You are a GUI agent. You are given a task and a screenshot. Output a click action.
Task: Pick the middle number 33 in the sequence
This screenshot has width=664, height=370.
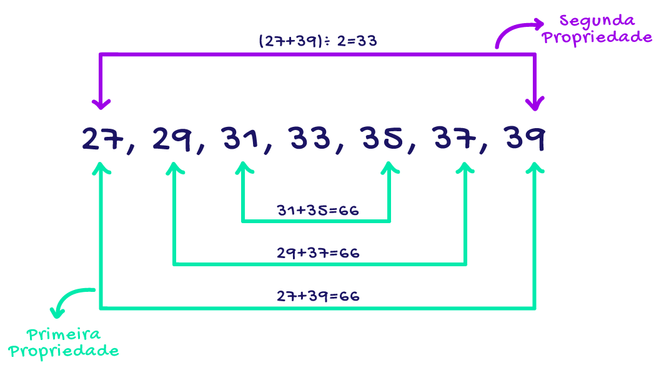pyautogui.click(x=310, y=139)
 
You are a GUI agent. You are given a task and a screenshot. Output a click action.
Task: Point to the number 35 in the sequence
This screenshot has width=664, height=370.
pyautogui.click(x=382, y=139)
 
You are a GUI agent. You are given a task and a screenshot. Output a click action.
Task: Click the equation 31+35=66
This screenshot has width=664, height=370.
pyautogui.click(x=318, y=211)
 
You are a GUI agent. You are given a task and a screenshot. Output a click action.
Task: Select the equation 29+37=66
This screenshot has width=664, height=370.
pyautogui.click(x=318, y=253)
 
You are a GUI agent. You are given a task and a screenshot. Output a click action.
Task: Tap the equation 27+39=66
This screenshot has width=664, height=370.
pyautogui.click(x=318, y=296)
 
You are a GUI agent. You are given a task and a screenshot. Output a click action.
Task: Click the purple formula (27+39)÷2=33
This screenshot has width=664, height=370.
pyautogui.click(x=318, y=41)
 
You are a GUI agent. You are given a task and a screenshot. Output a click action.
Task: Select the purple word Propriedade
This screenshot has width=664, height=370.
pyautogui.click(x=597, y=37)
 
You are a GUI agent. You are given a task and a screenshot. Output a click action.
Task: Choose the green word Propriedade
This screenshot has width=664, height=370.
pyautogui.click(x=64, y=351)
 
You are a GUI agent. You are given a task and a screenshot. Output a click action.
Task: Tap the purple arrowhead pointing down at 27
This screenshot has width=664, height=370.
pyautogui.click(x=101, y=104)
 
